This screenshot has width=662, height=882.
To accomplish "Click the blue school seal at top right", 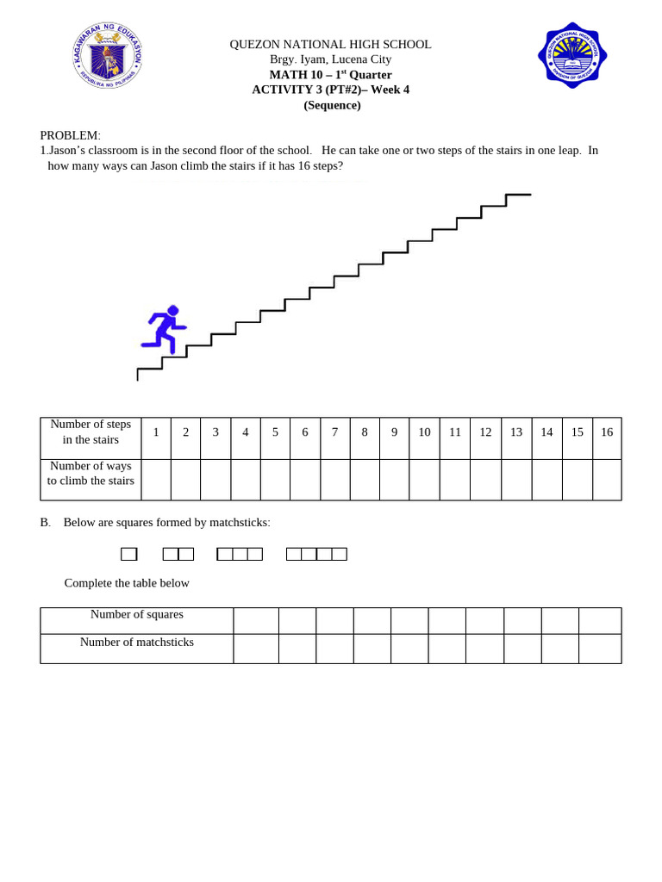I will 572,55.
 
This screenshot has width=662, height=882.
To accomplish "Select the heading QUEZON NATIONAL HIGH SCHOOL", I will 330,44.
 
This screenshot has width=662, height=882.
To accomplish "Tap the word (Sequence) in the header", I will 332,105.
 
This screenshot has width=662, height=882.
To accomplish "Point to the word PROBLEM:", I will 70,135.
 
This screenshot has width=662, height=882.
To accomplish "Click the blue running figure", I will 164,330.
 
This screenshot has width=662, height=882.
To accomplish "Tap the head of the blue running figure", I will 173,310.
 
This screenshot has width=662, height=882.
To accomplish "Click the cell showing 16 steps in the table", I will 607,432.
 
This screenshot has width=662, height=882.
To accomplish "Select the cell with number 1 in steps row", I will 156,432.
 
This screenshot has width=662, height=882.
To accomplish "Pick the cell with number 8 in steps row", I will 365,432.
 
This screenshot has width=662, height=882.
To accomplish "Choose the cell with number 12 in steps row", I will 485,432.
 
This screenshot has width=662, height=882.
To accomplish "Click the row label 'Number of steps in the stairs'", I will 91,432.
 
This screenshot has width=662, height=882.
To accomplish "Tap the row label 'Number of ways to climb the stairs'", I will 91,474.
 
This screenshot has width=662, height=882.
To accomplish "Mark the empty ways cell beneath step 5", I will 275,480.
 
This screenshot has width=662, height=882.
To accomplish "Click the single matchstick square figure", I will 128,554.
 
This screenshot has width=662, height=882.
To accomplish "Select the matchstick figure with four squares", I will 316,554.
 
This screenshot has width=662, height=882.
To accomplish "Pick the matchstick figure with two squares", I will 178,554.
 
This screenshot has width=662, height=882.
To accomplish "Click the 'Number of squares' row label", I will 136,615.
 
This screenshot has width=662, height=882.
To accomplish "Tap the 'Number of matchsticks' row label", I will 136,643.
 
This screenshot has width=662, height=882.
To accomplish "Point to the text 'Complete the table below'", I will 127,583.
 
